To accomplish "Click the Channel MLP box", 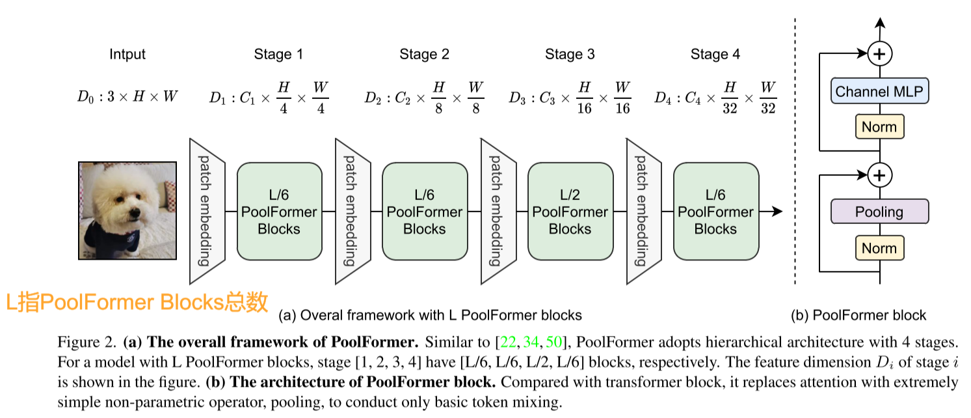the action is [x=879, y=91].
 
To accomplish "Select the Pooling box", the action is [x=879, y=212].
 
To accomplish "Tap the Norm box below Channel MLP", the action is [x=879, y=127].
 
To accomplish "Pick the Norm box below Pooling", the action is [x=879, y=248].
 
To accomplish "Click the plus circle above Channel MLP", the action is [x=879, y=54].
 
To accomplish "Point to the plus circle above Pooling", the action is [x=879, y=175].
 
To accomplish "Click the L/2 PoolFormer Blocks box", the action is [x=570, y=212].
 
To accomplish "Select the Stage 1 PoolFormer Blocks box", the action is [x=279, y=212].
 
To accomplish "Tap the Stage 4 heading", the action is [x=715, y=54].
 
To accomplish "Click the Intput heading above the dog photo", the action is [x=127, y=54].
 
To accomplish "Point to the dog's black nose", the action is [x=135, y=213].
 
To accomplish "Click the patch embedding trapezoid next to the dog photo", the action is [x=207, y=212].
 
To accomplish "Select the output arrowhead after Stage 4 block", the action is [x=778, y=212].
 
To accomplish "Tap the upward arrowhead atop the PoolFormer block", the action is [x=879, y=23].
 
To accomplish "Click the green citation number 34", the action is [x=531, y=342].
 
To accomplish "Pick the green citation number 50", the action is [x=553, y=342].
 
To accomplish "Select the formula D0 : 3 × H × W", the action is [x=127, y=96].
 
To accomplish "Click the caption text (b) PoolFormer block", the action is [x=858, y=315].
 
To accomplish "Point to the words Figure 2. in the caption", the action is [x=86, y=342].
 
